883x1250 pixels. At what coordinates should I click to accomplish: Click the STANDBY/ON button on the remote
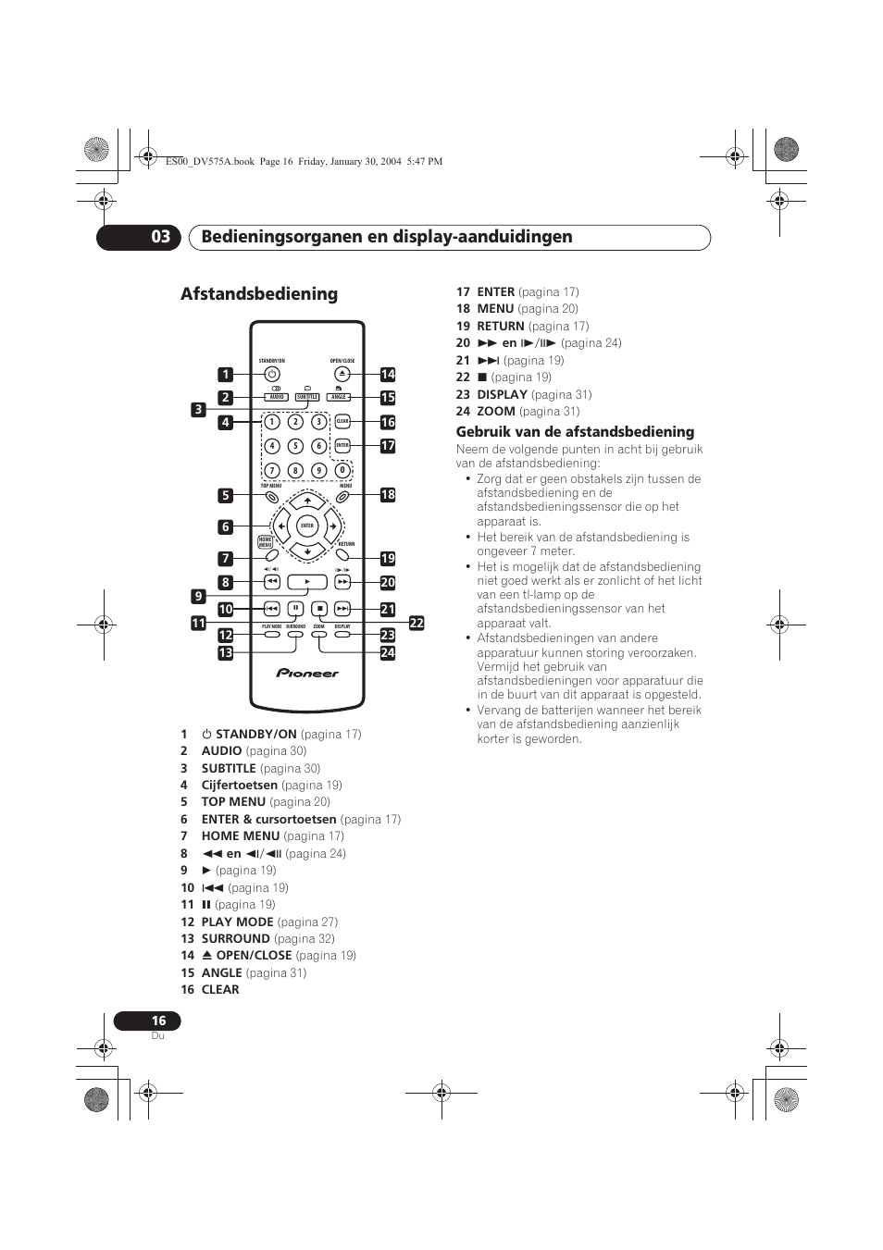[x=271, y=374]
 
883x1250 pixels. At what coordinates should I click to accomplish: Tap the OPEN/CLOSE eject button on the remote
[x=342, y=374]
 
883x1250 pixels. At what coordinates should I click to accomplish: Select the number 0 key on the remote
[x=342, y=470]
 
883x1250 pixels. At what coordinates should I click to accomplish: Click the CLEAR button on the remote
[x=342, y=422]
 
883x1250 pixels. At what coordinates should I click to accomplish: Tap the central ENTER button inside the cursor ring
[x=307, y=526]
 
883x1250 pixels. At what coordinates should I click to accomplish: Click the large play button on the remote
[x=307, y=582]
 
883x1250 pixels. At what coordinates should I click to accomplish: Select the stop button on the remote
[x=318, y=609]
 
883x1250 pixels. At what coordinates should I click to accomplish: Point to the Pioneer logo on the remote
[x=307, y=673]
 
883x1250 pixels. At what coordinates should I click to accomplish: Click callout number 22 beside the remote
[x=417, y=624]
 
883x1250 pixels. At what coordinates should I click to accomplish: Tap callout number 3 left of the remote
[x=198, y=409]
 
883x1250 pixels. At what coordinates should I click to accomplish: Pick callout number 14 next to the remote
[x=388, y=375]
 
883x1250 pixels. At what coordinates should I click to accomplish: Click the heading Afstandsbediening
[x=259, y=294]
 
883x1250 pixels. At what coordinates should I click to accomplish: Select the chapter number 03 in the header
[x=161, y=237]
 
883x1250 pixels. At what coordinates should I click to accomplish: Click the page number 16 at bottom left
[x=158, y=1021]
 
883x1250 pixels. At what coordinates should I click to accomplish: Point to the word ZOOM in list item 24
[x=496, y=411]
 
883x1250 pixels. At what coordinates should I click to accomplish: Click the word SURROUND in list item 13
[x=235, y=938]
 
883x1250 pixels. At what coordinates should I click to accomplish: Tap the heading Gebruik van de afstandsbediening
[x=575, y=432]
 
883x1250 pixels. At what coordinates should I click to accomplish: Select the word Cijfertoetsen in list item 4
[x=240, y=785]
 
